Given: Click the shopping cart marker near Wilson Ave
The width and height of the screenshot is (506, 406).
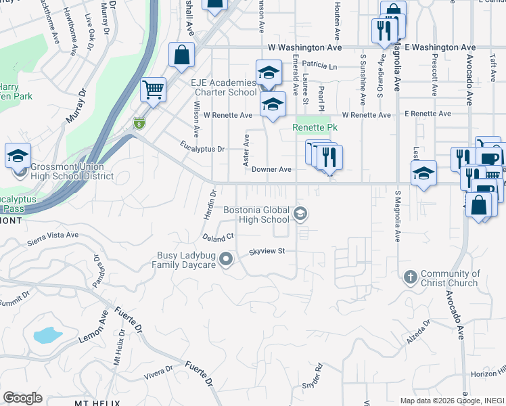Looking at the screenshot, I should (x=154, y=89).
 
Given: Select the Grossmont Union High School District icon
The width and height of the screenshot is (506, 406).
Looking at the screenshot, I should (x=18, y=156).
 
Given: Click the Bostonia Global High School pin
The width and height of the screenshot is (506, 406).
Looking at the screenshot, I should (x=300, y=215).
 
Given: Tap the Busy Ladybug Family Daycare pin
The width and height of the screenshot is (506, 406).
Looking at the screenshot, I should (x=227, y=258).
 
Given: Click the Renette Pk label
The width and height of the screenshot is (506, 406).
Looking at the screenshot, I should (x=315, y=127).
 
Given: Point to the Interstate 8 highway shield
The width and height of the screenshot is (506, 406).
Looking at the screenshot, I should (x=139, y=123).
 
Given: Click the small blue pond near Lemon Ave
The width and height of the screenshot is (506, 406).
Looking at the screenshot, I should (x=47, y=334).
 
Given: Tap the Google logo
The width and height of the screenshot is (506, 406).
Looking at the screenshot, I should (x=23, y=398).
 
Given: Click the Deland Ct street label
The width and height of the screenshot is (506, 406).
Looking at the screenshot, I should (x=218, y=238).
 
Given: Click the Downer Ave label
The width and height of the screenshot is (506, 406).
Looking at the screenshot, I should (x=271, y=171).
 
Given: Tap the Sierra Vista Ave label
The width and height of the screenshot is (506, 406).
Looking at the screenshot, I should (x=53, y=238).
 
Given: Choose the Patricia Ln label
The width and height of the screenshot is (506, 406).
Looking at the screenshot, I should (x=319, y=66).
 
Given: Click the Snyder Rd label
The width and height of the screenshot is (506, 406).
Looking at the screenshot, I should (x=314, y=375).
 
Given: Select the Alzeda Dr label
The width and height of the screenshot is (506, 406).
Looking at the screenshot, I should (x=418, y=333).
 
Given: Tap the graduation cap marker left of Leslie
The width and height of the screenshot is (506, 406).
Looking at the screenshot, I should (x=423, y=174).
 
